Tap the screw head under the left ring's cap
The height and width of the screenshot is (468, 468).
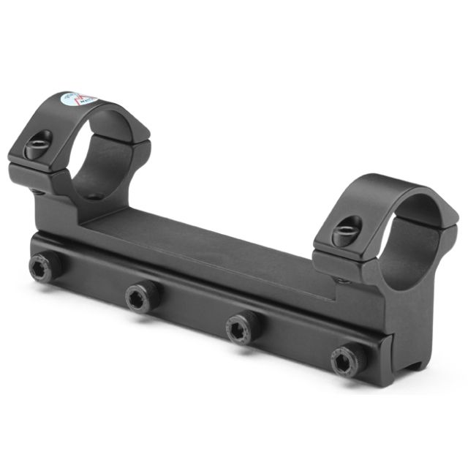coord(37,192)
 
